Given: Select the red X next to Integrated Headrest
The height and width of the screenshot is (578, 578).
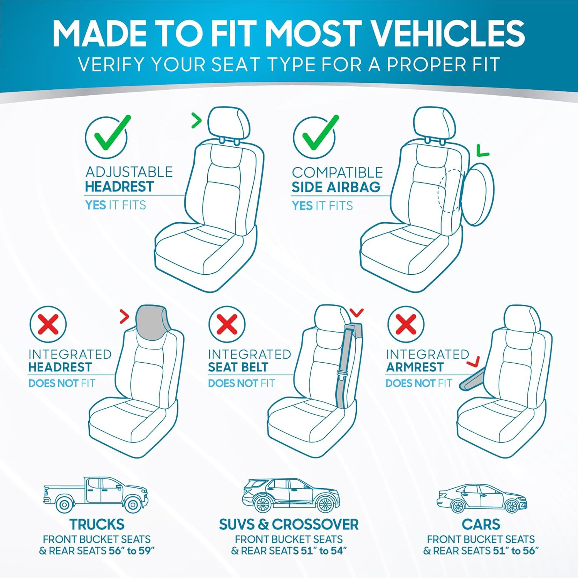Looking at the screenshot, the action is pos(48,324).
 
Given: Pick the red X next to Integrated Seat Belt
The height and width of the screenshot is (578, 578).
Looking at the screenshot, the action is pos(227,324).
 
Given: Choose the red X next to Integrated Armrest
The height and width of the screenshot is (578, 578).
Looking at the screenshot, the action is pos(405,324).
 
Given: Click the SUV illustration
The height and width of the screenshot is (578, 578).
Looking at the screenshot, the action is pos(291,496).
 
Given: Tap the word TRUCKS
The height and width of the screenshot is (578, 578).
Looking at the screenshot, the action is pos(97,524).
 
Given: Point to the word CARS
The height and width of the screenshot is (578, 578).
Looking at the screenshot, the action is pos(481,524).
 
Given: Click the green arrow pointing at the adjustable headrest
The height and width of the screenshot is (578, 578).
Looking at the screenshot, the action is pos(197,121).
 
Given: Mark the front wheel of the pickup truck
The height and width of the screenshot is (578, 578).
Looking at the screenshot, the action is pos(133,504).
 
